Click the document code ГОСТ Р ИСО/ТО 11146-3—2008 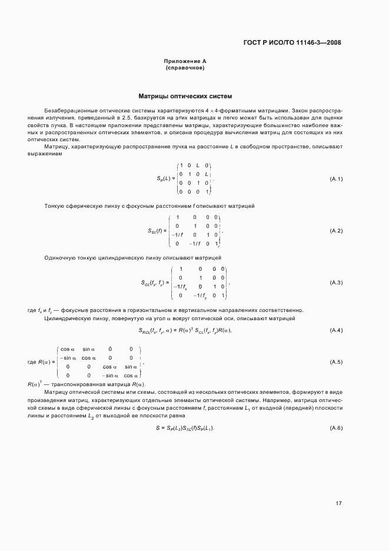tap(292, 42)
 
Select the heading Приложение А tap(185, 61)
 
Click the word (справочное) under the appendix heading tap(185, 68)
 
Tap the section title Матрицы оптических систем tap(185, 95)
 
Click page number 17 tap(338, 503)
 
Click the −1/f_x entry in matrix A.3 tap(181, 287)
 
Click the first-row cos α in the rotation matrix tap(67, 349)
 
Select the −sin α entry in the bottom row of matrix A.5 tap(110, 375)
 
